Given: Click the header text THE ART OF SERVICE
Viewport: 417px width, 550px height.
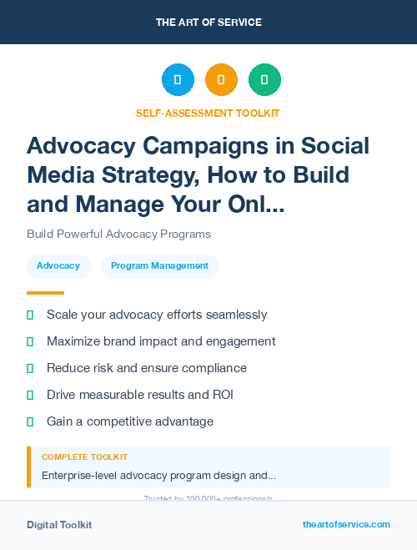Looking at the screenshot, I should (x=208, y=22).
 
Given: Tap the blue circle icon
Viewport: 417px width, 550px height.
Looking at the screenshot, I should (x=178, y=80).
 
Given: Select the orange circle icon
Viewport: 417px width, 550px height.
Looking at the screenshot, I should (x=221, y=80).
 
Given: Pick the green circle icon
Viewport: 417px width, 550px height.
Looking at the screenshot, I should (x=264, y=80).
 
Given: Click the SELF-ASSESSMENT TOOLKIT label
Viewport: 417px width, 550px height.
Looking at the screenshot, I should (x=208, y=113).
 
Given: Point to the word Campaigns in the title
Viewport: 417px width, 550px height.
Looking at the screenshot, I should (x=197, y=145).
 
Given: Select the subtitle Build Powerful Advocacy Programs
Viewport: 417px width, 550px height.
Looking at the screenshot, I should (x=118, y=234).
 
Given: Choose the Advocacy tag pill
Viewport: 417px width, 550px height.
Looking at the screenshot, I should (x=58, y=266).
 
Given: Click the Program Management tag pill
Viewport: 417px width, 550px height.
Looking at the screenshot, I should (x=159, y=266).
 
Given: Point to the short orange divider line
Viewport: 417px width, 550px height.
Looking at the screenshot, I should (x=45, y=293).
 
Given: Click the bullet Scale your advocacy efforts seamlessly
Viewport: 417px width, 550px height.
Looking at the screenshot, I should (x=157, y=315).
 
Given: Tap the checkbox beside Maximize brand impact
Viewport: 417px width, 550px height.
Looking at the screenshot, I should (x=30, y=341).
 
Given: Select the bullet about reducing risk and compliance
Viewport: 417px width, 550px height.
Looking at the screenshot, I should (x=147, y=368).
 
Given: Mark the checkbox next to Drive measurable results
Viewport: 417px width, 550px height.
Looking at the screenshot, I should (x=30, y=395).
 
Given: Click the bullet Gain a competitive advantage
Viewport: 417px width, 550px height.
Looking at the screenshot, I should (x=130, y=421).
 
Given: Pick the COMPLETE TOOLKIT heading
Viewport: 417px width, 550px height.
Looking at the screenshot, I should (x=84, y=457).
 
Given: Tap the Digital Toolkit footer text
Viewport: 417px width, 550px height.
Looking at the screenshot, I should (x=59, y=525).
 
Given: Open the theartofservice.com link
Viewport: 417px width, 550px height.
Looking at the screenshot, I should (x=346, y=524).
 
